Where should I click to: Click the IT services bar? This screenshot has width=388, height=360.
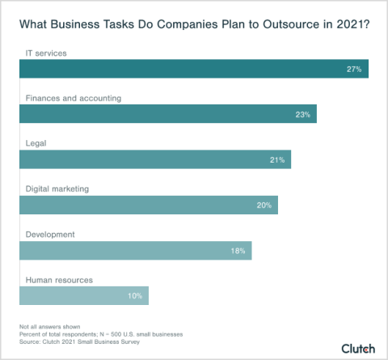pyautogui.click(x=194, y=69)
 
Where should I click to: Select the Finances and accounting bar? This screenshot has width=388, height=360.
pyautogui.click(x=167, y=114)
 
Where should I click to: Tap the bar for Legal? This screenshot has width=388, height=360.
pyautogui.click(x=154, y=159)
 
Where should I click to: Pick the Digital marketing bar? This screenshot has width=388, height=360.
pyautogui.click(x=148, y=205)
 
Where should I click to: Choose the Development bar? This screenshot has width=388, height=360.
pyautogui.click(x=135, y=251)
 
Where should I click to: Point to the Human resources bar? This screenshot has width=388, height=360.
pyautogui.click(x=84, y=296)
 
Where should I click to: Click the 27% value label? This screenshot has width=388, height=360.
pyautogui.click(x=353, y=70)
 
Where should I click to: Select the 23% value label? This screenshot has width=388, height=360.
pyautogui.click(x=303, y=115)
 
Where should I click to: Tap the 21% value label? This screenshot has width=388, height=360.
pyautogui.click(x=277, y=160)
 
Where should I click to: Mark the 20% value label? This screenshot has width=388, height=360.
pyautogui.click(x=264, y=205)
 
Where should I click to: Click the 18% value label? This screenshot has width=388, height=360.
pyautogui.click(x=238, y=251)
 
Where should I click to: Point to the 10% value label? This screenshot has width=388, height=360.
pyautogui.click(x=135, y=296)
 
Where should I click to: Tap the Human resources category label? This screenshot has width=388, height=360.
pyautogui.click(x=59, y=280)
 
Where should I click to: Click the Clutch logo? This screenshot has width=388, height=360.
pyautogui.click(x=357, y=349)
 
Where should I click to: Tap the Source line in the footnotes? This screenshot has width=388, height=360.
pyautogui.click(x=72, y=341)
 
